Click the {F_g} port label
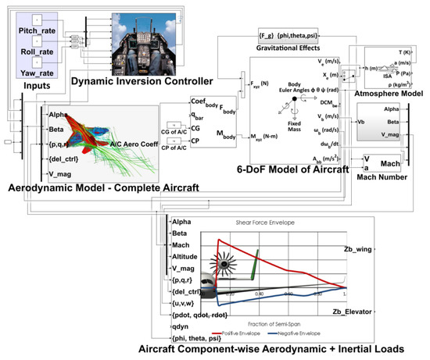click(x=270, y=35)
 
